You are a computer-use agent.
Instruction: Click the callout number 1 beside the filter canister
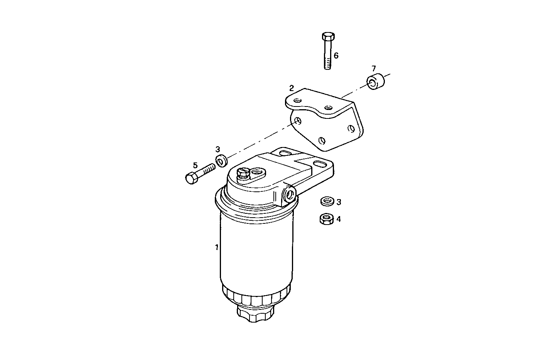[x=217, y=247]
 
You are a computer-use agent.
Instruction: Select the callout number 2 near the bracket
[x=292, y=88]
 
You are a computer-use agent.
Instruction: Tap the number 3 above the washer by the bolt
[x=218, y=149]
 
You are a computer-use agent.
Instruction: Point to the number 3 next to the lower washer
[x=339, y=202]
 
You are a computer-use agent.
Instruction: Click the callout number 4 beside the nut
[x=339, y=219]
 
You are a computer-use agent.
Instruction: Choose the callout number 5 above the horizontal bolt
[x=195, y=166]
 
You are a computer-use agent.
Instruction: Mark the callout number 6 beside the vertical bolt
[x=336, y=56]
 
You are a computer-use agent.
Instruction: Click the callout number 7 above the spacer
[x=373, y=69]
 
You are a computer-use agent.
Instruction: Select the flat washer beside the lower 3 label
[x=327, y=201]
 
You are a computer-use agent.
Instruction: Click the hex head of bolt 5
[x=191, y=179]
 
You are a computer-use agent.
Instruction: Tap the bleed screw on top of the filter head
[x=243, y=173]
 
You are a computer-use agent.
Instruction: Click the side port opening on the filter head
[x=289, y=195]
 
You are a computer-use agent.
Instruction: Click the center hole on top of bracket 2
[x=328, y=107]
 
